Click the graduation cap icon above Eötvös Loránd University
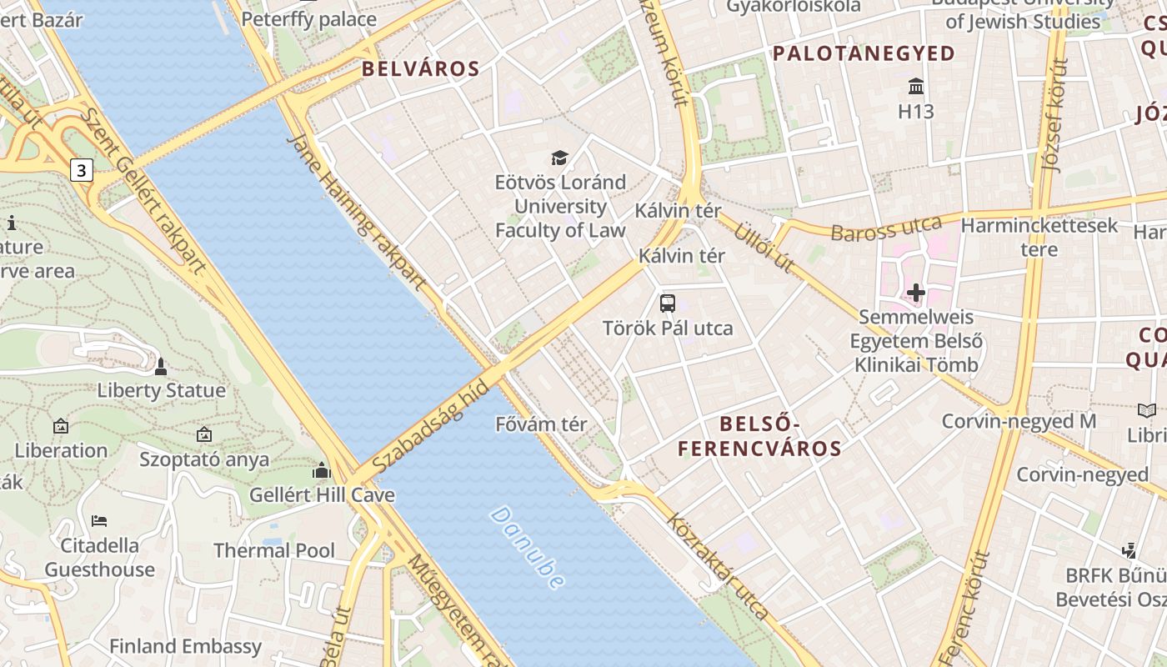[559, 158]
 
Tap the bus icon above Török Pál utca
[668, 303]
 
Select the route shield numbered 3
[80, 171]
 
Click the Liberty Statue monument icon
[161, 366]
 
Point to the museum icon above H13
[916, 86]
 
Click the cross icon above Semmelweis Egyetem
[916, 293]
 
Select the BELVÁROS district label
[421, 69]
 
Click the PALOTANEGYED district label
[864, 54]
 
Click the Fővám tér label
[541, 424]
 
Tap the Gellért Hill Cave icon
[322, 471]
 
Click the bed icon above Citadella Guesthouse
[99, 521]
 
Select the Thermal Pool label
[274, 550]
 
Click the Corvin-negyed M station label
[1019, 421]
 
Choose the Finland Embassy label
[186, 646]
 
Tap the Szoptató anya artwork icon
[204, 434]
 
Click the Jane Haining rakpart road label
[356, 213]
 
